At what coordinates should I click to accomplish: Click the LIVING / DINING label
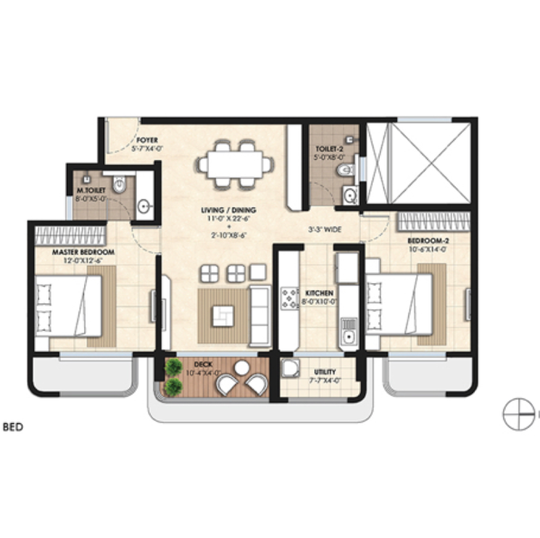pos(229,211)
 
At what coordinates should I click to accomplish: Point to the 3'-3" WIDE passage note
pos(324,230)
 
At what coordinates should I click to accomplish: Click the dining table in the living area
pos(236,161)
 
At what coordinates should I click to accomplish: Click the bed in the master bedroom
pos(69,304)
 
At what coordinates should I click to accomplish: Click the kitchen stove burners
pos(290,298)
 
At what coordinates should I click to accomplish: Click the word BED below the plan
pos(13,427)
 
